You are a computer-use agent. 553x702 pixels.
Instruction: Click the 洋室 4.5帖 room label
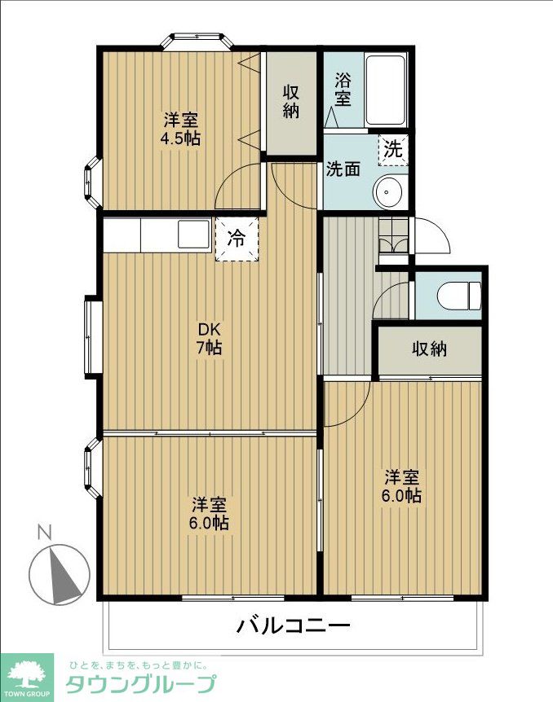click(x=181, y=129)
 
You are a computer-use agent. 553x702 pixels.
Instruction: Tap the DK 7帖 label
click(x=210, y=339)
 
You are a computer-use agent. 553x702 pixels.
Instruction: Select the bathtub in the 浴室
click(x=385, y=90)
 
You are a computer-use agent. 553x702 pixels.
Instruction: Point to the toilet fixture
click(x=459, y=295)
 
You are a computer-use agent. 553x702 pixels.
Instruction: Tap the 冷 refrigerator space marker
click(x=237, y=239)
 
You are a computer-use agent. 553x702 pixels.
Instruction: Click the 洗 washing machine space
click(x=393, y=150)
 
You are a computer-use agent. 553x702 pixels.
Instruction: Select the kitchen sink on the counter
click(x=193, y=234)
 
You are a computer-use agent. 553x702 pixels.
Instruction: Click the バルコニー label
click(x=293, y=625)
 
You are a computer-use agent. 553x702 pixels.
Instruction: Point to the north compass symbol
click(x=60, y=574)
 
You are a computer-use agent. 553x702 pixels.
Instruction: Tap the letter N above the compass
click(x=44, y=532)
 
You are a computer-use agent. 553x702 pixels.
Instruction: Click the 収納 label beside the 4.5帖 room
click(x=291, y=102)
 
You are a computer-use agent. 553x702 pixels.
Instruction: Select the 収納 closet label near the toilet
click(x=429, y=349)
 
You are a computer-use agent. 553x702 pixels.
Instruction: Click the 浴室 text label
click(x=343, y=90)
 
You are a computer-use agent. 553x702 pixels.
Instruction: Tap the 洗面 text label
click(x=343, y=169)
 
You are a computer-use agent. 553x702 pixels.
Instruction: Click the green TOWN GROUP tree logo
click(x=26, y=677)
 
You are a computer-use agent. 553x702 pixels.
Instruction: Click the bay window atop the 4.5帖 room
click(x=197, y=41)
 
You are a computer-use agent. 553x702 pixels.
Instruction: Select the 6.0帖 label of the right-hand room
click(x=401, y=496)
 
